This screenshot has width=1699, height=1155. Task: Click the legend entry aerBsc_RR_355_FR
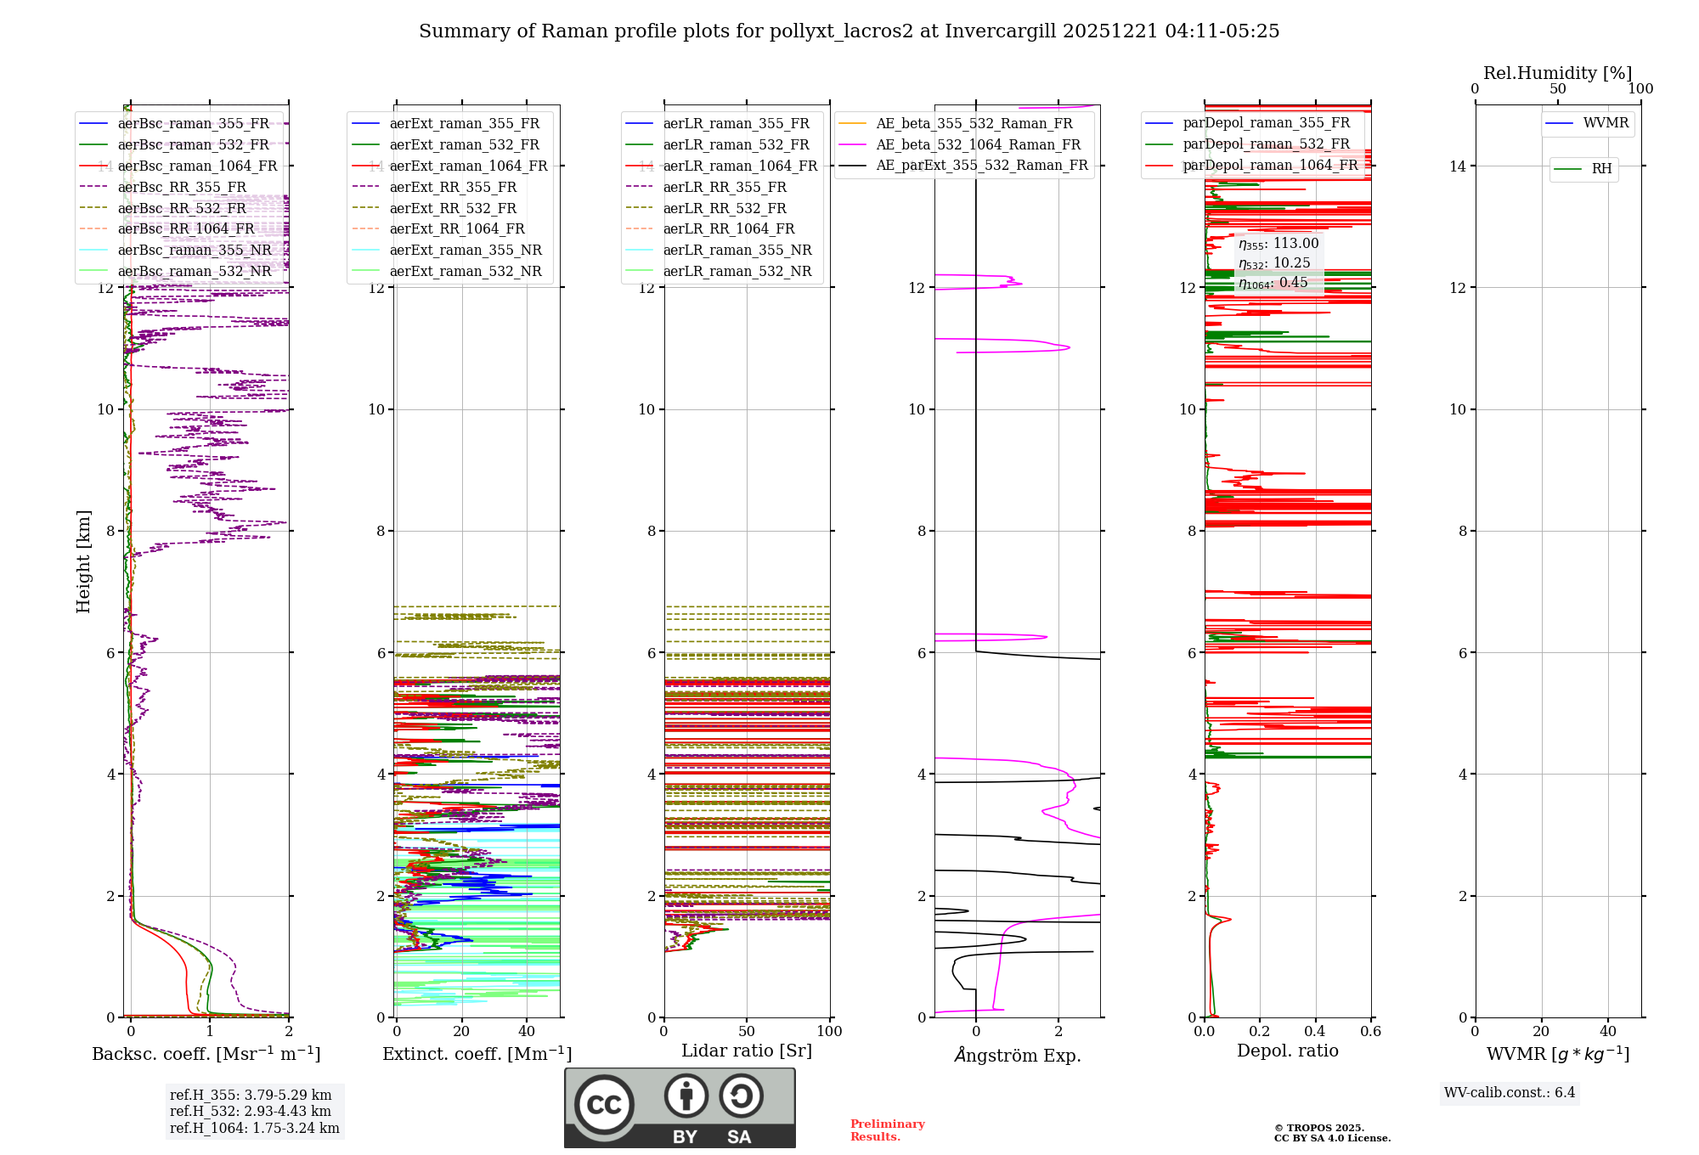click(182, 187)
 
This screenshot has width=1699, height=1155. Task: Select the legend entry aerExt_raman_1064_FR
click(468, 166)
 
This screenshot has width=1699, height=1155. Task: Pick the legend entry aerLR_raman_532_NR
click(737, 272)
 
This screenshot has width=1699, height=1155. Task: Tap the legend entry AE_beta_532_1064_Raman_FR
click(978, 145)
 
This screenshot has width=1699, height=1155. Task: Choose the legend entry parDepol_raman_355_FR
click(1266, 123)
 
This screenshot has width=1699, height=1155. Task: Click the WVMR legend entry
click(1606, 123)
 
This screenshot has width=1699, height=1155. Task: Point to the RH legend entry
click(1601, 169)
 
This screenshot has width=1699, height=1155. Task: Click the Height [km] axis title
click(83, 561)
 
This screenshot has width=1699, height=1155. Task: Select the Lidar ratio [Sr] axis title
click(747, 1051)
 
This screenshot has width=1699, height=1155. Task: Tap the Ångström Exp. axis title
click(1018, 1056)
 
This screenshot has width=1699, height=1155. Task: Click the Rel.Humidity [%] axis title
click(1558, 73)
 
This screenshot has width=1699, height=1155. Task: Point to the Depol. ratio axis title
click(1288, 1051)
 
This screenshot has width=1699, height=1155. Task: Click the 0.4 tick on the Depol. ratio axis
click(1315, 1032)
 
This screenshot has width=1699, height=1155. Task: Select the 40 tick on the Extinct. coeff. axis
click(527, 1032)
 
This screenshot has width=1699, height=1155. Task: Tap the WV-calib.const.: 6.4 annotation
click(1510, 1093)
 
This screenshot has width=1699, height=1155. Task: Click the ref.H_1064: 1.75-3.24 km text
click(255, 1129)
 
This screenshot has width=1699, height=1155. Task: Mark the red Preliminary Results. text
click(888, 1130)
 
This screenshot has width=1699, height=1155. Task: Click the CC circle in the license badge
click(604, 1104)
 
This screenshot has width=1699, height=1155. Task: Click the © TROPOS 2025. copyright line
click(1319, 1128)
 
